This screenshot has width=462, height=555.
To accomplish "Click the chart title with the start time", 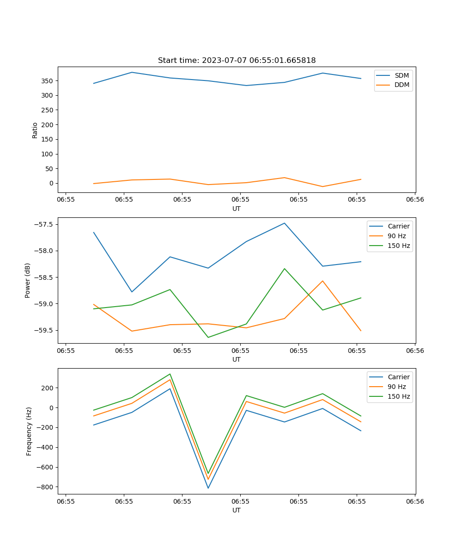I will (x=237, y=61).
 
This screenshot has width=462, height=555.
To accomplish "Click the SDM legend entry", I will (x=401, y=75).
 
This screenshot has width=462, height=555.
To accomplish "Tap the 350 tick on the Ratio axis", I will (x=48, y=81).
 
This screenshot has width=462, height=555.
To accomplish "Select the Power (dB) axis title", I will (x=28, y=280).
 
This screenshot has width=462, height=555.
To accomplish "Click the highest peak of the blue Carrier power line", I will (x=285, y=223).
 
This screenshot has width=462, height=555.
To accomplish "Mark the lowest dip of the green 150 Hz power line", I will (x=208, y=337).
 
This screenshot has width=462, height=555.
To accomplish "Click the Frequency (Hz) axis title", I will (x=29, y=431).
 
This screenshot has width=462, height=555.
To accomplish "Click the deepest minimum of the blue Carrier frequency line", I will (x=208, y=488).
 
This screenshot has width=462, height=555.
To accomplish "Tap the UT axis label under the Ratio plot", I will (x=237, y=209).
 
